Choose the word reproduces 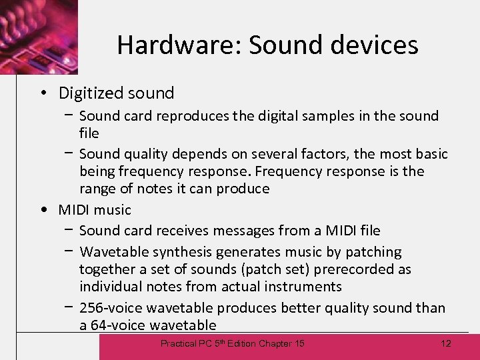click(191, 116)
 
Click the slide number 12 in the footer click(446, 343)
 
